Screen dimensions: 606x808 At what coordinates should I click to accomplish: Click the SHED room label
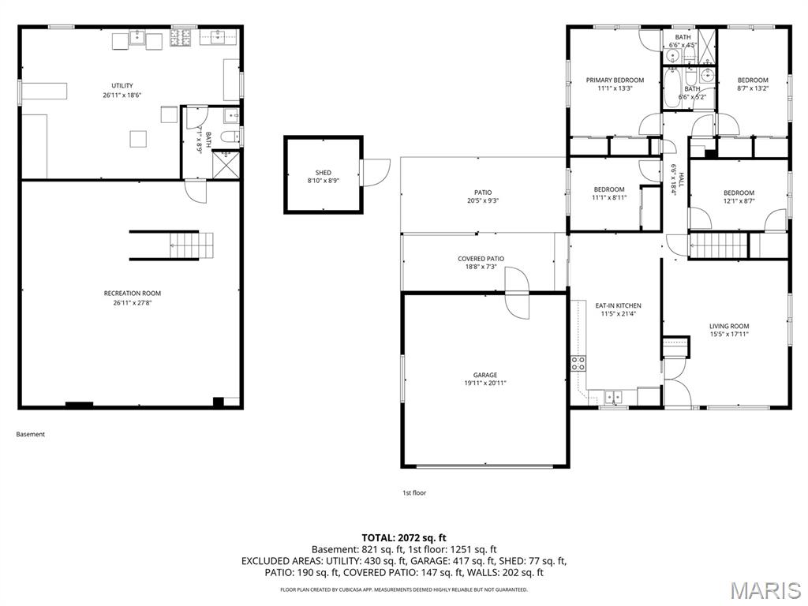[x=324, y=172]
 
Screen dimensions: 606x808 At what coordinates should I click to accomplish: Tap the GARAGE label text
[x=485, y=375]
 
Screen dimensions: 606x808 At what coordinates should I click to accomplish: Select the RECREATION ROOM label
[x=132, y=294]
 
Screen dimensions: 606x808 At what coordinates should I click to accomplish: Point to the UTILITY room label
[x=122, y=85]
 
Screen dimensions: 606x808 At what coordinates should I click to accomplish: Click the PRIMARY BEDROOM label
[x=615, y=80]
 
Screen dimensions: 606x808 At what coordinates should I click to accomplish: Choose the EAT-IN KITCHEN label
[x=618, y=305]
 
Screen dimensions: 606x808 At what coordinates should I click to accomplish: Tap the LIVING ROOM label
[x=728, y=326]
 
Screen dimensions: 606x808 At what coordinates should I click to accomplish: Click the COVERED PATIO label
[x=481, y=259]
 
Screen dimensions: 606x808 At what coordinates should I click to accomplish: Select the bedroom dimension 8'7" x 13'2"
[x=753, y=88]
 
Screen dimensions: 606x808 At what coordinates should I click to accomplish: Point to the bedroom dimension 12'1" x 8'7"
[x=739, y=201]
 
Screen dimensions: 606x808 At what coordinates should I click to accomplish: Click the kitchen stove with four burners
[x=578, y=364]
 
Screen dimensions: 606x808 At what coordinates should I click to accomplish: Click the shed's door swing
[x=376, y=172]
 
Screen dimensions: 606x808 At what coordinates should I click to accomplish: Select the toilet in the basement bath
[x=228, y=138]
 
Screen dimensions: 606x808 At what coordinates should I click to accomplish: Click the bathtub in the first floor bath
[x=672, y=89]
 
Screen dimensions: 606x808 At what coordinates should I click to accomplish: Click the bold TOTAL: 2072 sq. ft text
[x=404, y=537]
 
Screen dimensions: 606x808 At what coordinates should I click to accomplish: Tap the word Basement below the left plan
[x=31, y=434]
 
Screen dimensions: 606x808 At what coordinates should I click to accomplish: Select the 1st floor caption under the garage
[x=414, y=493]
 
